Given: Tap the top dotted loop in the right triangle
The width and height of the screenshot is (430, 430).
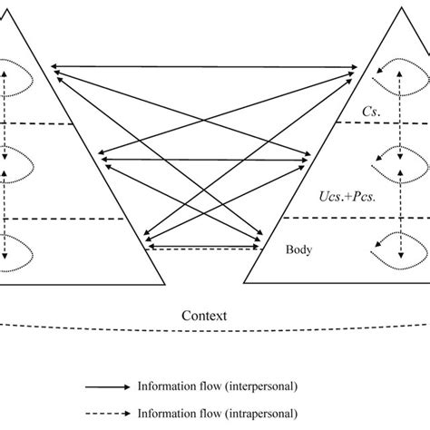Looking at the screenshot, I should pyautogui.click(x=399, y=76).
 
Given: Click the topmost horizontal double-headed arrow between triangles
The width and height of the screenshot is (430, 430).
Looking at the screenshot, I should pyautogui.click(x=204, y=66).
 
